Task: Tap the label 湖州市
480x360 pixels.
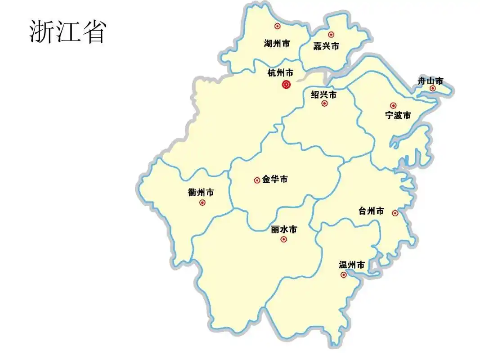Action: click(x=277, y=44)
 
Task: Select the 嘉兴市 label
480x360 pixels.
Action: click(x=326, y=46)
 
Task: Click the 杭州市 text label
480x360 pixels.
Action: click(x=280, y=73)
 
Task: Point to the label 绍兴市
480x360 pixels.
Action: click(x=324, y=95)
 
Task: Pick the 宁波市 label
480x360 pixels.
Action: click(x=398, y=115)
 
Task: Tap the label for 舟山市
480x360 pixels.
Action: click(x=431, y=81)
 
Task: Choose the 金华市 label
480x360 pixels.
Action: click(x=275, y=180)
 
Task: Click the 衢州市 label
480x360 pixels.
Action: click(x=201, y=193)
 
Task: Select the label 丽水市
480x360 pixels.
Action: click(x=284, y=229)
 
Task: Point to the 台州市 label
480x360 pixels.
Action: click(x=372, y=211)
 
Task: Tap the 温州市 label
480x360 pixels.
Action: click(x=352, y=265)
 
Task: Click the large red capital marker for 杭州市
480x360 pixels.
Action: click(x=286, y=84)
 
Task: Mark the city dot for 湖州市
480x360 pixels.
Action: click(x=278, y=26)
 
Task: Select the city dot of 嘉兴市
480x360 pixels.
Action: click(x=331, y=35)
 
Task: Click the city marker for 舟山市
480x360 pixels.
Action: click(x=432, y=88)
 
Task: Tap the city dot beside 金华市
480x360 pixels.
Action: click(x=257, y=180)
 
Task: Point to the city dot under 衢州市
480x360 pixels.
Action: click(x=202, y=202)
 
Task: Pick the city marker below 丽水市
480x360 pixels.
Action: click(x=283, y=239)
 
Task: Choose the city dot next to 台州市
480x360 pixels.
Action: click(x=395, y=213)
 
